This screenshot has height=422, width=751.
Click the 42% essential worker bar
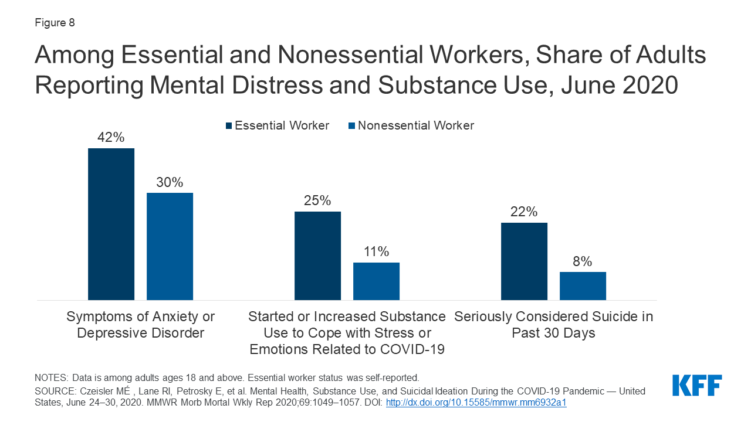[111, 224]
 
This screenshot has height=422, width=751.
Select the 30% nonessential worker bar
[170, 246]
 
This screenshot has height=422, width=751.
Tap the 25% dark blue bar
[317, 256]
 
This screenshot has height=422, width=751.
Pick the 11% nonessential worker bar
[376, 281]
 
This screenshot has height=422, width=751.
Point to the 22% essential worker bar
[524, 261]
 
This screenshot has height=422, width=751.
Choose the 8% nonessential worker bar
[583, 286]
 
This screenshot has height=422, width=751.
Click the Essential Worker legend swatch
[229, 126]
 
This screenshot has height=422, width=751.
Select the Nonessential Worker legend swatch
[351, 126]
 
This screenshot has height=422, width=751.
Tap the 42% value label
[111, 138]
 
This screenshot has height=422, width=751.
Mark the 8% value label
[583, 261]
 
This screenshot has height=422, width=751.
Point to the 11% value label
[376, 252]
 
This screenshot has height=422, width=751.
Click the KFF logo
[697, 386]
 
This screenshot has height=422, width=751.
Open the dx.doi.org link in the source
[476, 403]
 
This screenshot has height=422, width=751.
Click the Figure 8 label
[55, 23]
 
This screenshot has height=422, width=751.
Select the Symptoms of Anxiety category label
[141, 325]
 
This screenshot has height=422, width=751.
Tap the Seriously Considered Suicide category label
[553, 325]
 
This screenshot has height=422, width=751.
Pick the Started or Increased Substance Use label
[347, 333]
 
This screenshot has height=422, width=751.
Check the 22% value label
[524, 212]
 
